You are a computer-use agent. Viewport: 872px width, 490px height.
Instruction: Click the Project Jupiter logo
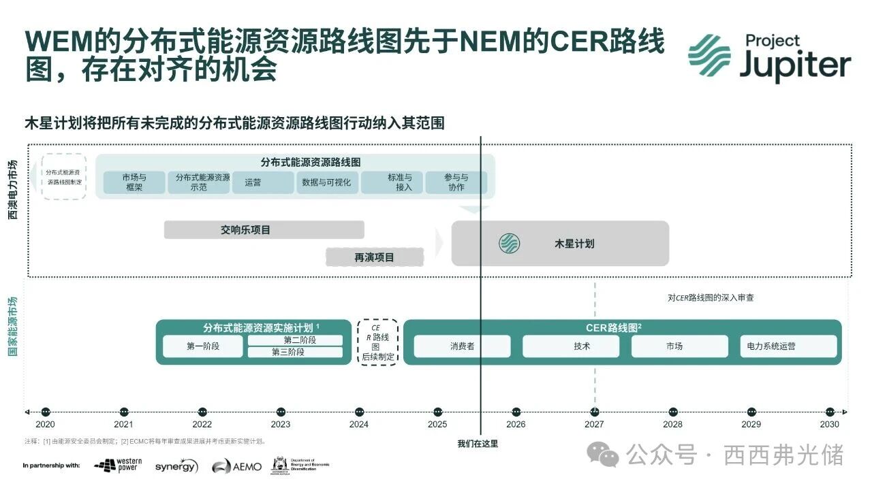pos(769,59)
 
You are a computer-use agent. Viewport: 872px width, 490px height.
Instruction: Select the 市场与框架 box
pos(134,182)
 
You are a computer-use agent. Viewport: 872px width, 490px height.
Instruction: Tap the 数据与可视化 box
pos(327,182)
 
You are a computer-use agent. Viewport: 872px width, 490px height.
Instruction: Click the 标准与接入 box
pos(392,182)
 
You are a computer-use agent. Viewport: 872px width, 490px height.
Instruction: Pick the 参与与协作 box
pos(456,182)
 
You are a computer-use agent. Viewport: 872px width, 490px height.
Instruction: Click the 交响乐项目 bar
pos(264,230)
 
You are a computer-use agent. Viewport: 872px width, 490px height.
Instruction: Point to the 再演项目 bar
pos(374,257)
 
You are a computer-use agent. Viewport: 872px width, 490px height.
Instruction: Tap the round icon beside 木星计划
pos(509,243)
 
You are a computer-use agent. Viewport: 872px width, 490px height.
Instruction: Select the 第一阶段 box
pos(203,346)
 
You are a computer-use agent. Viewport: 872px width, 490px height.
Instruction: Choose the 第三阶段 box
pos(294,353)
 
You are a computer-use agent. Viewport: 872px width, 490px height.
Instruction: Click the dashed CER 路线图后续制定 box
pos(377,342)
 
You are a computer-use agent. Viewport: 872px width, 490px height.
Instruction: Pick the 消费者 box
pos(462,346)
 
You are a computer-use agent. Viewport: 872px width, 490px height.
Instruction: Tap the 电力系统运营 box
pos(788,346)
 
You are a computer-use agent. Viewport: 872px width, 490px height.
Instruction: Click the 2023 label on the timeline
pos(281,425)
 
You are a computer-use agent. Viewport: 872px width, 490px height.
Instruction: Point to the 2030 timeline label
pos(829,425)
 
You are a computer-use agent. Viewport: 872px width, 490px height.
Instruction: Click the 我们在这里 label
pos(478,444)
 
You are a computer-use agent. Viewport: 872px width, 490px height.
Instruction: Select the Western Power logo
pos(119,465)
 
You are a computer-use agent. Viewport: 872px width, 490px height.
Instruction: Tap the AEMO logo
pos(236,466)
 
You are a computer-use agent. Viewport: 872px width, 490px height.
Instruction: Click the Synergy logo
pos(176,466)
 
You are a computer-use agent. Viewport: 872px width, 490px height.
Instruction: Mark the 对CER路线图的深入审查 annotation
pos(711,297)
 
